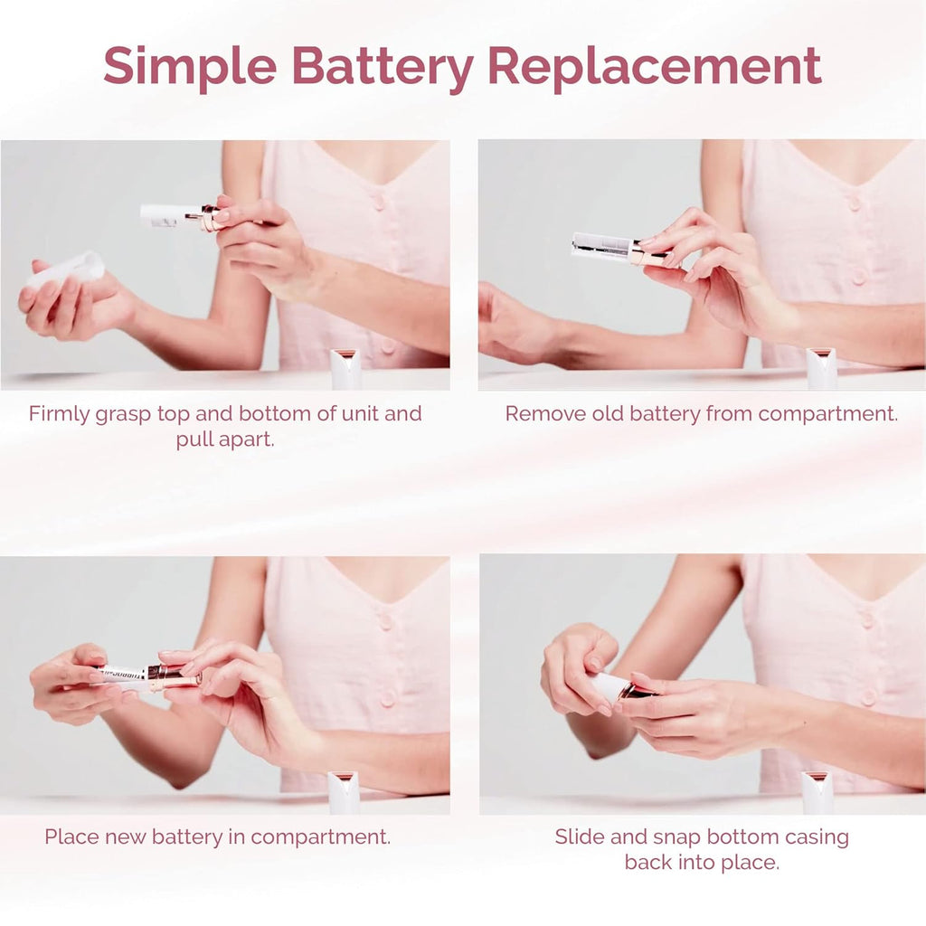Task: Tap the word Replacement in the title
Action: tap(655, 66)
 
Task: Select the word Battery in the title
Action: tap(385, 66)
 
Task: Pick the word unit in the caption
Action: tap(355, 414)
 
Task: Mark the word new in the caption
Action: tap(125, 836)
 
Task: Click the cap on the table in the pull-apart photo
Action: tap(345, 368)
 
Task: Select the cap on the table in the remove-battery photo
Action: tap(821, 368)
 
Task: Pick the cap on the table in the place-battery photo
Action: tap(344, 791)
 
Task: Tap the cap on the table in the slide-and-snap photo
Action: tap(817, 791)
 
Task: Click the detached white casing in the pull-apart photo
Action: tap(68, 269)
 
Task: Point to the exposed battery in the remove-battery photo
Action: tap(601, 246)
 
